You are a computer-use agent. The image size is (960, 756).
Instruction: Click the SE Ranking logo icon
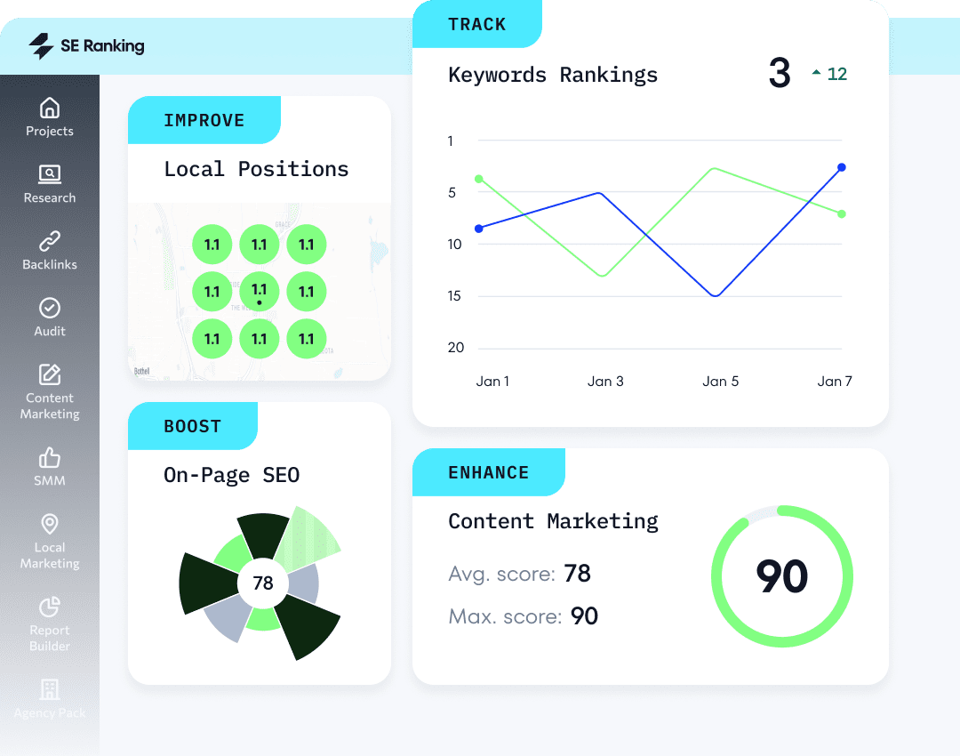pyautogui.click(x=41, y=46)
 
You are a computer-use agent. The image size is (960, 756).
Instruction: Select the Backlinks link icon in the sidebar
pyautogui.click(x=50, y=241)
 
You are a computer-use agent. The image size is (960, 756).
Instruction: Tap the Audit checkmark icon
pyautogui.click(x=50, y=308)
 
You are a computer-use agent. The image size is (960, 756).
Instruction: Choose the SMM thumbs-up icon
pyautogui.click(x=50, y=458)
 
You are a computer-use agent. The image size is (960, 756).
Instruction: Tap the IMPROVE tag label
pyautogui.click(x=204, y=121)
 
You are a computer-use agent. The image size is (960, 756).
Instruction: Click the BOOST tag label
pyautogui.click(x=192, y=426)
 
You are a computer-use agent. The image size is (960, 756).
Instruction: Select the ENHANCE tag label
pyautogui.click(x=488, y=472)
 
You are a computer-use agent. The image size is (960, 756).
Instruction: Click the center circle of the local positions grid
pyautogui.click(x=259, y=292)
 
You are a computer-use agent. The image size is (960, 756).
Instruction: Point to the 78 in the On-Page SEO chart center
pyautogui.click(x=263, y=583)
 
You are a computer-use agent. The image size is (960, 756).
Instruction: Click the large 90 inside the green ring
pyautogui.click(x=781, y=576)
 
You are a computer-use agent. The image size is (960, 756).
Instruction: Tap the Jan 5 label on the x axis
pyautogui.click(x=720, y=381)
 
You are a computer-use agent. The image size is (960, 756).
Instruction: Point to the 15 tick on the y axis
pyautogui.click(x=456, y=295)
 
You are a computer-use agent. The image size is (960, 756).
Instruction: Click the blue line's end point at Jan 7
pyautogui.click(x=841, y=167)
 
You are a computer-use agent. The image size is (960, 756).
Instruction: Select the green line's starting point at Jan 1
pyautogui.click(x=479, y=179)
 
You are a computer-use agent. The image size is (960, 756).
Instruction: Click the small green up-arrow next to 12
pyautogui.click(x=816, y=74)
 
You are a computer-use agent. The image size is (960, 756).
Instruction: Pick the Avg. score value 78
pyautogui.click(x=577, y=573)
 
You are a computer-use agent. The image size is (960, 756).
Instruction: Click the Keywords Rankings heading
pyautogui.click(x=553, y=75)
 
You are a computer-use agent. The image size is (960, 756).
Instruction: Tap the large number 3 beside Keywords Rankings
pyautogui.click(x=780, y=74)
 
